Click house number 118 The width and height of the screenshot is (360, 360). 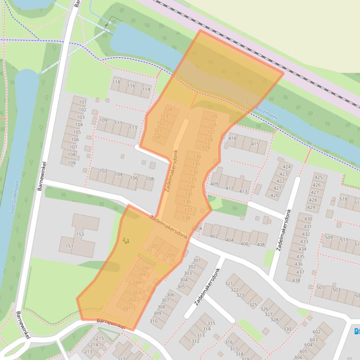116,82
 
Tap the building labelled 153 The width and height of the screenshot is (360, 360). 80,234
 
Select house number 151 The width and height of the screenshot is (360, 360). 69,246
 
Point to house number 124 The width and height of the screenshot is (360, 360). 168,110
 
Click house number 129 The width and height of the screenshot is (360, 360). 206,148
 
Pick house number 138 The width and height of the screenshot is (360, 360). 186,218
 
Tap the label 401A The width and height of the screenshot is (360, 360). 197,229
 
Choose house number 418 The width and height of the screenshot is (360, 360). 232,138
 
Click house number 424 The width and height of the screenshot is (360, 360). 287,166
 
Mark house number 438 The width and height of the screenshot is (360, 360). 296,281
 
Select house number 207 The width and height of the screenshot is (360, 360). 155,246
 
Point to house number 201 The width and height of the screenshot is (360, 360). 126,309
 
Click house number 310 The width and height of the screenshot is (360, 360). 154,321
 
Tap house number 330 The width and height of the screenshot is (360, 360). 287,329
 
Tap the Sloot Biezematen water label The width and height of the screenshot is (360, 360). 267,112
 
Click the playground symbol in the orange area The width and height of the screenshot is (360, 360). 125,240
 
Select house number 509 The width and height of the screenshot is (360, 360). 329,238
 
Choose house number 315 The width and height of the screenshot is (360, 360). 211,323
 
